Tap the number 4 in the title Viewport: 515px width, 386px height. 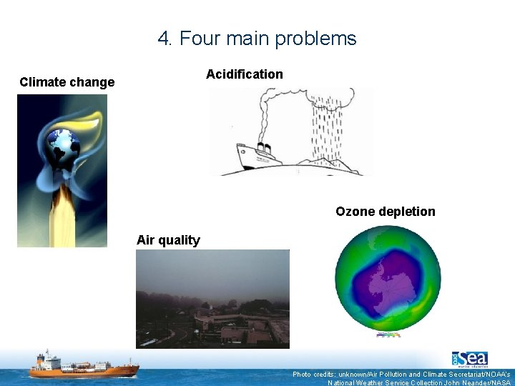pos(164,39)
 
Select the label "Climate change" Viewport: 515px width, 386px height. pos(67,82)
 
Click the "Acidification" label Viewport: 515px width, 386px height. pos(244,74)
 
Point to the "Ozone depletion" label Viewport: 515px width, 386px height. pos(385,212)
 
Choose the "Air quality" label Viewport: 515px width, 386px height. pos(168,240)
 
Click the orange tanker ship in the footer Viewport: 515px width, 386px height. pos(83,366)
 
